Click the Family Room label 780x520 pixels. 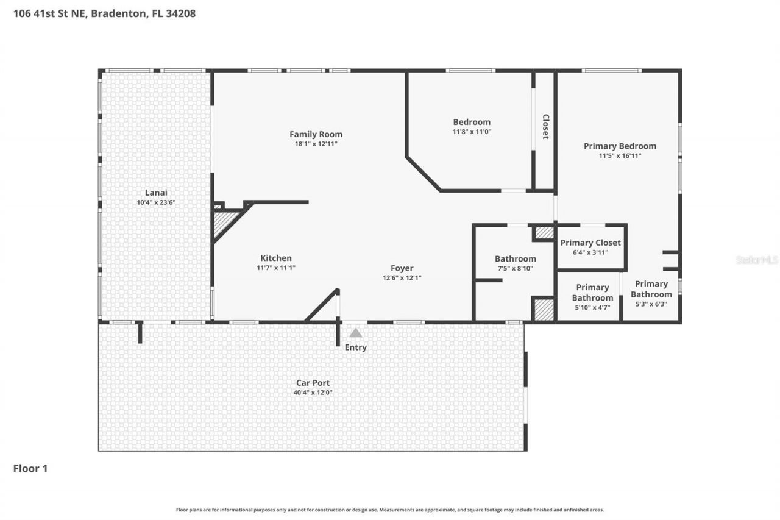pyautogui.click(x=316, y=134)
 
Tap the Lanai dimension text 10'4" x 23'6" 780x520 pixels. pyautogui.click(x=156, y=202)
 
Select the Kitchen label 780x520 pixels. pyautogui.click(x=276, y=258)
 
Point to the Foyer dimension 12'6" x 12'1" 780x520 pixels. pyautogui.click(x=402, y=277)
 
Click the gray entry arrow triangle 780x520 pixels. pyautogui.click(x=355, y=333)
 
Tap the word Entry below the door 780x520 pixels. pyautogui.click(x=356, y=347)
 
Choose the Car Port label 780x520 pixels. pyautogui.click(x=313, y=383)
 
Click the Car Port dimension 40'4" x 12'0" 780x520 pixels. pyautogui.click(x=313, y=393)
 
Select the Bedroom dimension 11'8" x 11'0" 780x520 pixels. pyautogui.click(x=472, y=132)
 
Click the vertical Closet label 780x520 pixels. pyautogui.click(x=545, y=127)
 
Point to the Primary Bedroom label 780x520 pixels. pyautogui.click(x=620, y=146)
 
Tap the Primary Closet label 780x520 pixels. pyautogui.click(x=590, y=243)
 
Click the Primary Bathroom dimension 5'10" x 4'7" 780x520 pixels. pyautogui.click(x=592, y=308)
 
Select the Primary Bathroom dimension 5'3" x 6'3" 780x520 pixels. pyautogui.click(x=651, y=304)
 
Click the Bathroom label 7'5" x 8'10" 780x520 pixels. pyautogui.click(x=516, y=258)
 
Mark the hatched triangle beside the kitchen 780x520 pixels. pyautogui.click(x=224, y=221)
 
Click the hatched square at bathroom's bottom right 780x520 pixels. pyautogui.click(x=544, y=309)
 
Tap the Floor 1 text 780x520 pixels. pyautogui.click(x=30, y=468)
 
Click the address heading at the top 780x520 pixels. pyautogui.click(x=104, y=13)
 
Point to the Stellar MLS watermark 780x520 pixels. pyautogui.click(x=757, y=260)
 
